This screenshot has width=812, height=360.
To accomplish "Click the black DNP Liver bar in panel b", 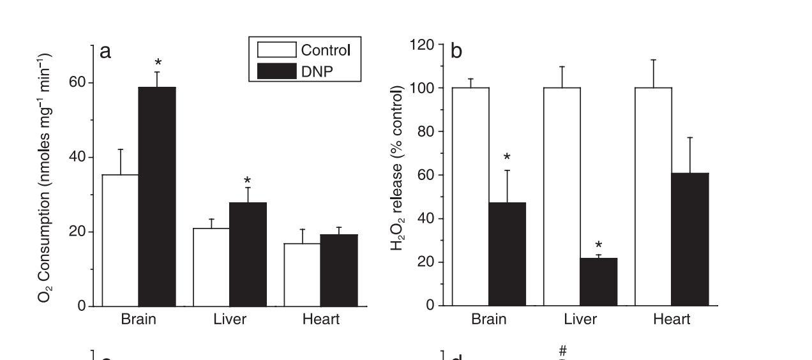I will pyautogui.click(x=598, y=282).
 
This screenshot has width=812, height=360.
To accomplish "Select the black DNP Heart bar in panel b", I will pyautogui.click(x=690, y=239).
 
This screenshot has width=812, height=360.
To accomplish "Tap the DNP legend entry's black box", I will pyautogui.click(x=276, y=71).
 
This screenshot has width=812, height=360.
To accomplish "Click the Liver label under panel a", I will pyautogui.click(x=230, y=319).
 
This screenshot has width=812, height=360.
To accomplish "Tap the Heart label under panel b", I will pyautogui.click(x=672, y=319).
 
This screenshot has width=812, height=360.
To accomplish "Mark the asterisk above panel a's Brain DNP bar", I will pyautogui.click(x=158, y=63).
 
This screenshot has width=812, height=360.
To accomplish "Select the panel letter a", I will pyautogui.click(x=105, y=52).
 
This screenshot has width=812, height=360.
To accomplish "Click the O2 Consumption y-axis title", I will pyautogui.click(x=53, y=179).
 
